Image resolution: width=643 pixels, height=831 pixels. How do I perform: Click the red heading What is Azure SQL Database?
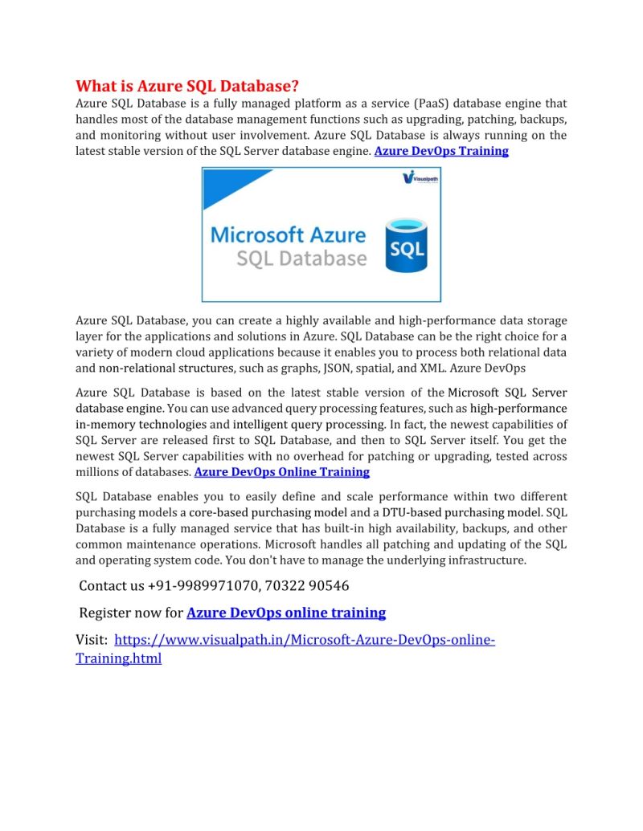(187, 86)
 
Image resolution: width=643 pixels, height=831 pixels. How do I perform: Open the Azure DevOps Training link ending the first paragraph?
(441, 151)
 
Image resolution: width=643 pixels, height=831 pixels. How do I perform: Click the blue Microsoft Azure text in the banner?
(288, 235)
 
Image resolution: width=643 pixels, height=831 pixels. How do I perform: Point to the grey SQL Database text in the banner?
(301, 259)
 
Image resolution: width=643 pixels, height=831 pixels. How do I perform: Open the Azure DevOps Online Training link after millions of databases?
(282, 472)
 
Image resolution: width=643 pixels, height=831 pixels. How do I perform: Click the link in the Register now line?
(286, 613)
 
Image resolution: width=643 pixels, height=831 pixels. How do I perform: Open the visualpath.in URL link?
(305, 640)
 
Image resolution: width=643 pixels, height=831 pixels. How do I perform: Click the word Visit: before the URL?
(92, 640)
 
